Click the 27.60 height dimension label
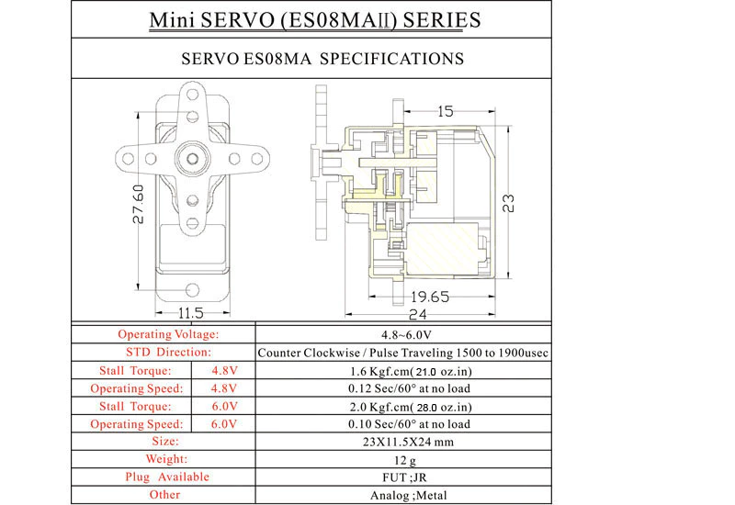(x=139, y=204)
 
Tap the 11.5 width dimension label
(x=191, y=313)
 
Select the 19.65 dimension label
(x=430, y=297)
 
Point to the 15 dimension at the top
(x=446, y=111)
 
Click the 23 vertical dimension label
(x=508, y=203)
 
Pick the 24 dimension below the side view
(x=418, y=314)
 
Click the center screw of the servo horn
(x=192, y=158)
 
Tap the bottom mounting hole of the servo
(x=192, y=290)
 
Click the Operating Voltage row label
(x=168, y=334)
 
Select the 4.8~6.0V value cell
(x=406, y=335)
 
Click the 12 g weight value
(x=404, y=461)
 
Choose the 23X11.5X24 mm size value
(x=408, y=442)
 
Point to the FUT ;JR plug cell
(x=404, y=477)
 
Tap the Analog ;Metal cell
(x=408, y=495)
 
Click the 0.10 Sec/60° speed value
(x=409, y=424)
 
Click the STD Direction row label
(x=168, y=353)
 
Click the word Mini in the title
(x=172, y=20)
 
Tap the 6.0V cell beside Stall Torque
(x=224, y=406)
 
